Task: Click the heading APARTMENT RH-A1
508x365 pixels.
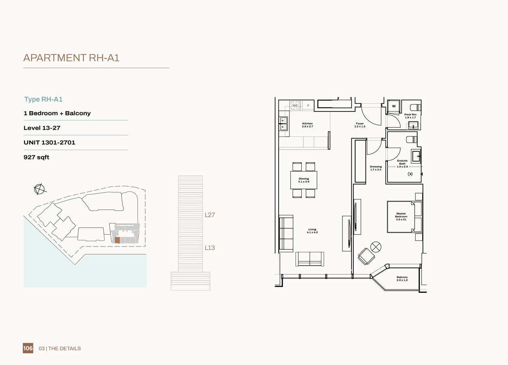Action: coord(71,58)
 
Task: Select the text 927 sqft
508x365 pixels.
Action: coord(37,157)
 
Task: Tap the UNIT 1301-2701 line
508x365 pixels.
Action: coord(50,143)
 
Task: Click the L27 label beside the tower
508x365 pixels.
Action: coord(210,215)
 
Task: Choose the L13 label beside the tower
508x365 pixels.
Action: coord(210,248)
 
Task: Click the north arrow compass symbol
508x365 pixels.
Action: coord(39,189)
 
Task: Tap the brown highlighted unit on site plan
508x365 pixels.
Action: coord(117,240)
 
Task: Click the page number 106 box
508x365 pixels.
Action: coord(28,348)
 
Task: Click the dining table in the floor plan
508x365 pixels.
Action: coord(304,180)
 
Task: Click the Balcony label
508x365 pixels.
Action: coord(402,279)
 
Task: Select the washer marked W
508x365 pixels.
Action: coord(394,106)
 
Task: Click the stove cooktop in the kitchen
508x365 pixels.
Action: coord(295,105)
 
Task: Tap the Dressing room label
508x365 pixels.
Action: coord(376,168)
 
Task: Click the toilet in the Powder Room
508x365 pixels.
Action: coord(416,107)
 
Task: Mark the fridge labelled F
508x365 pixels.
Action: coord(308,105)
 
